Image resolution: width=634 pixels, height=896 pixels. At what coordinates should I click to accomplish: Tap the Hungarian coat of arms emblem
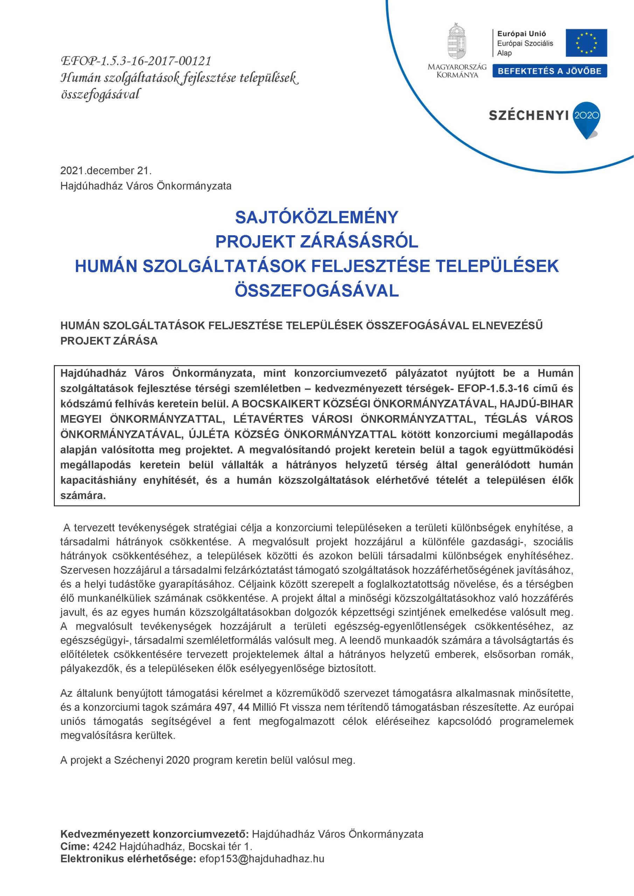point(457,42)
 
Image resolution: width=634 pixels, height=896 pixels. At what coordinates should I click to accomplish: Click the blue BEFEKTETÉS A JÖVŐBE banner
point(549,71)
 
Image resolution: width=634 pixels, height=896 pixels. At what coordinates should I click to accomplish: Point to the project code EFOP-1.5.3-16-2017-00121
point(136,61)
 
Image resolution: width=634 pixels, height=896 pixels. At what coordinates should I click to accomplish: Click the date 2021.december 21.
point(106,170)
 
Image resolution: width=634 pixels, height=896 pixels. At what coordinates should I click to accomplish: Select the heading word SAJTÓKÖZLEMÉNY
point(316,217)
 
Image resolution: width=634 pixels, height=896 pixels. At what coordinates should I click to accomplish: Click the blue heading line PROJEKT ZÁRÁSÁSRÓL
point(316,241)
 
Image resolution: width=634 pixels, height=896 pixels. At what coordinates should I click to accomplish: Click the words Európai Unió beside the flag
point(522,34)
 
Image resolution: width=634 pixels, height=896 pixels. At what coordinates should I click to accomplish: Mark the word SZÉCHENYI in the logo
point(528,115)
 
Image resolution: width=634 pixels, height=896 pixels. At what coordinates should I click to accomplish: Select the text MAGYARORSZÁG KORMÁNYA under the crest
point(457,71)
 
